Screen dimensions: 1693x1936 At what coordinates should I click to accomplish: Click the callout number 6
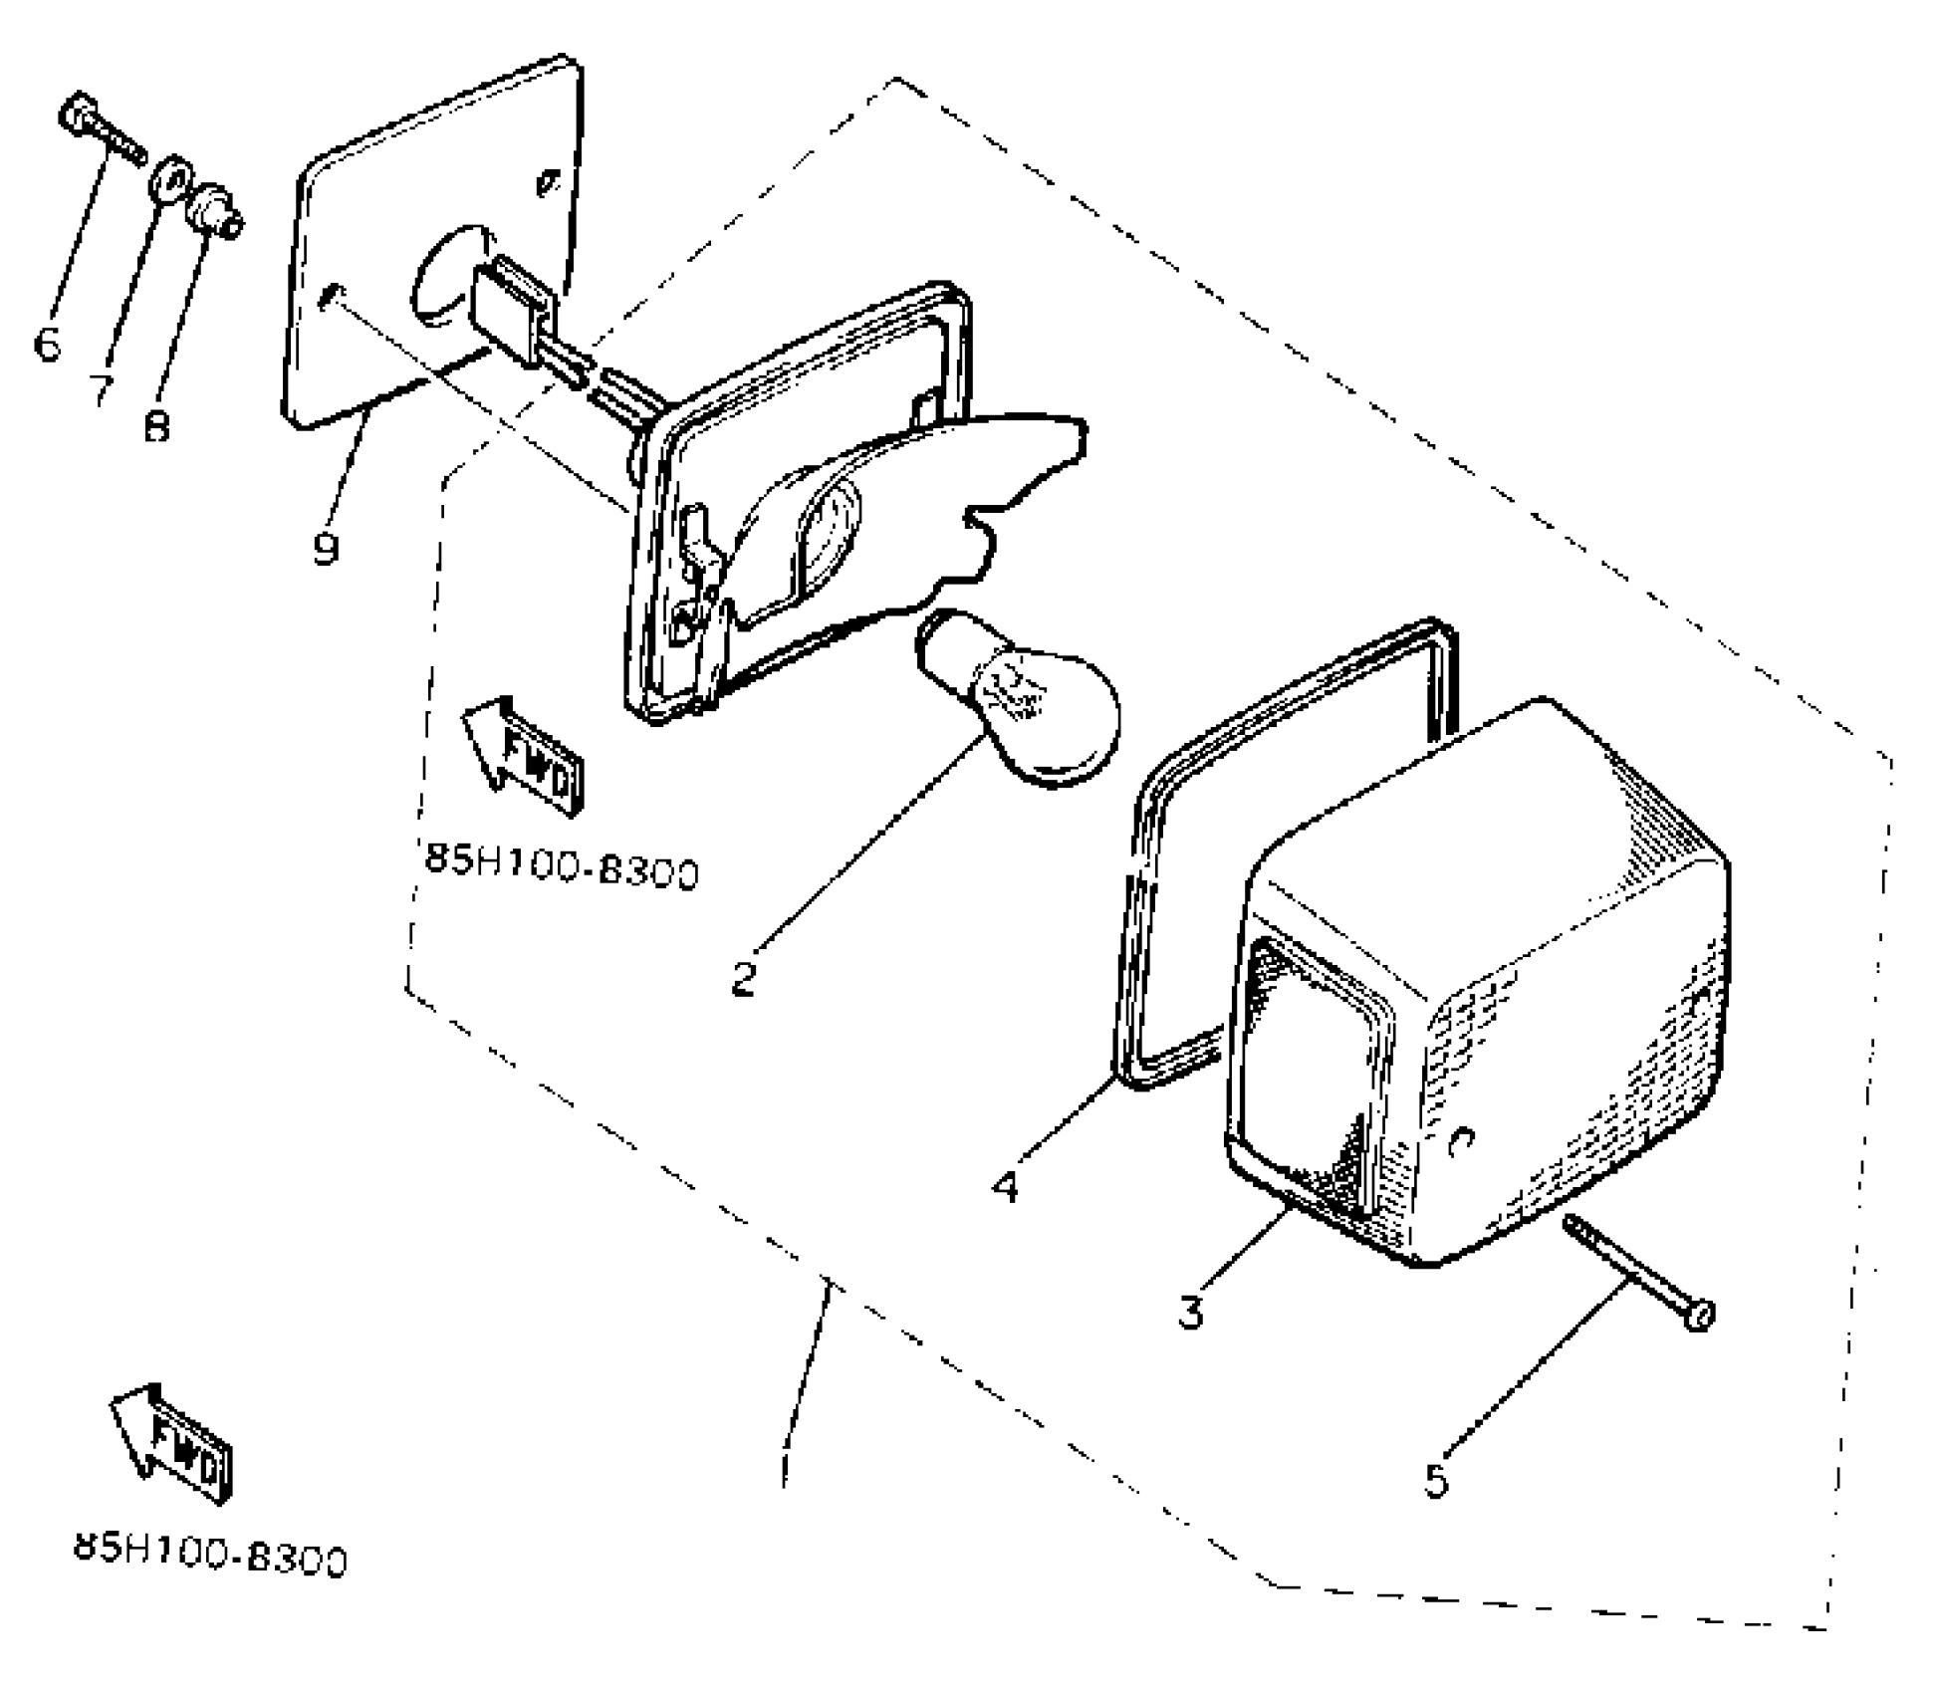click(47, 345)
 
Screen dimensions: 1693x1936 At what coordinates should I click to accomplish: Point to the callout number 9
click(326, 547)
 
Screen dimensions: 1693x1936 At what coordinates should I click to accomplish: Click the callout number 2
click(744, 977)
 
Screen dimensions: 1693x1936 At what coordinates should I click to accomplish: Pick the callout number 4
click(1006, 1185)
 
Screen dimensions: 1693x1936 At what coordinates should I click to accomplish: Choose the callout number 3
click(1190, 1311)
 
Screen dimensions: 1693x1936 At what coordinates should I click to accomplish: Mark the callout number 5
click(1435, 1480)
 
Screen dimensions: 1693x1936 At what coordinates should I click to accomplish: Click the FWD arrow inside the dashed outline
click(524, 757)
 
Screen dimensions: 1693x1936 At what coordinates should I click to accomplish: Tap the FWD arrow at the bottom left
click(171, 1443)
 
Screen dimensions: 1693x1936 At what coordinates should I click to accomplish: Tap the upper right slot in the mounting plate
click(546, 184)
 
